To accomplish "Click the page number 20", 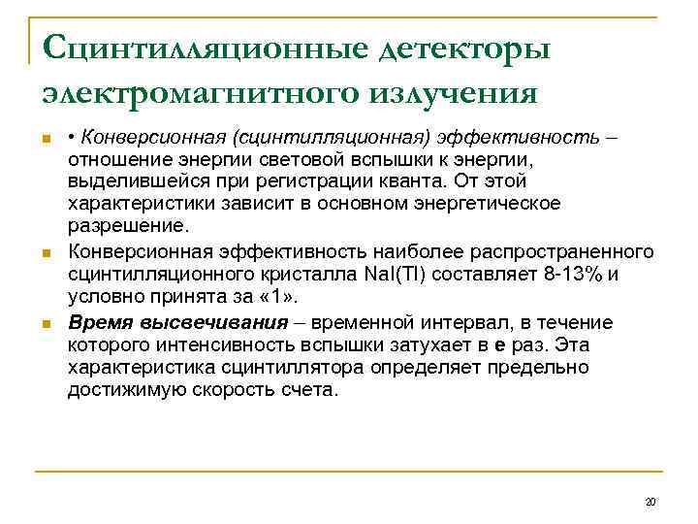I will click(650, 502).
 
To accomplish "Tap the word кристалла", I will click(303, 275).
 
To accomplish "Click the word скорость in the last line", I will click(242, 391).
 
